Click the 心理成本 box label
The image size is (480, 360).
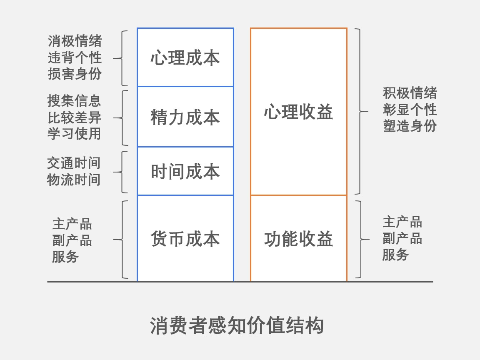click(x=185, y=58)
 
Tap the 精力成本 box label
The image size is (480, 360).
click(x=185, y=117)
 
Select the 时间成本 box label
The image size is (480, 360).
click(x=185, y=171)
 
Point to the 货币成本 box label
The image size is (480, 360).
click(x=185, y=239)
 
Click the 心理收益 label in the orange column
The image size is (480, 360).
click(x=298, y=112)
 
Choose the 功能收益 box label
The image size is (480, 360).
click(x=298, y=239)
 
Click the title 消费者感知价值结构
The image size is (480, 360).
click(x=237, y=325)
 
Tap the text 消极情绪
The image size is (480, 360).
click(x=75, y=41)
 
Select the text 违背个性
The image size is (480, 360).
click(x=75, y=57)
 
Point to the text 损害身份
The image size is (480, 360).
click(x=75, y=74)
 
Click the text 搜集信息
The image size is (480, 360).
click(x=74, y=101)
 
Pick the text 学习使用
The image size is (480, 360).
click(x=74, y=134)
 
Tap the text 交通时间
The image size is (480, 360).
click(x=73, y=163)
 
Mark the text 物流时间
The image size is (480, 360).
click(x=73, y=180)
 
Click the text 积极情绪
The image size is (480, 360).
click(x=410, y=93)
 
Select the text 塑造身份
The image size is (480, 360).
click(x=410, y=126)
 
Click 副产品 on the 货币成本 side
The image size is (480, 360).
click(x=72, y=240)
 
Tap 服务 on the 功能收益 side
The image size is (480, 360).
click(x=395, y=255)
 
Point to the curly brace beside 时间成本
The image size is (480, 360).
click(x=122, y=172)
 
